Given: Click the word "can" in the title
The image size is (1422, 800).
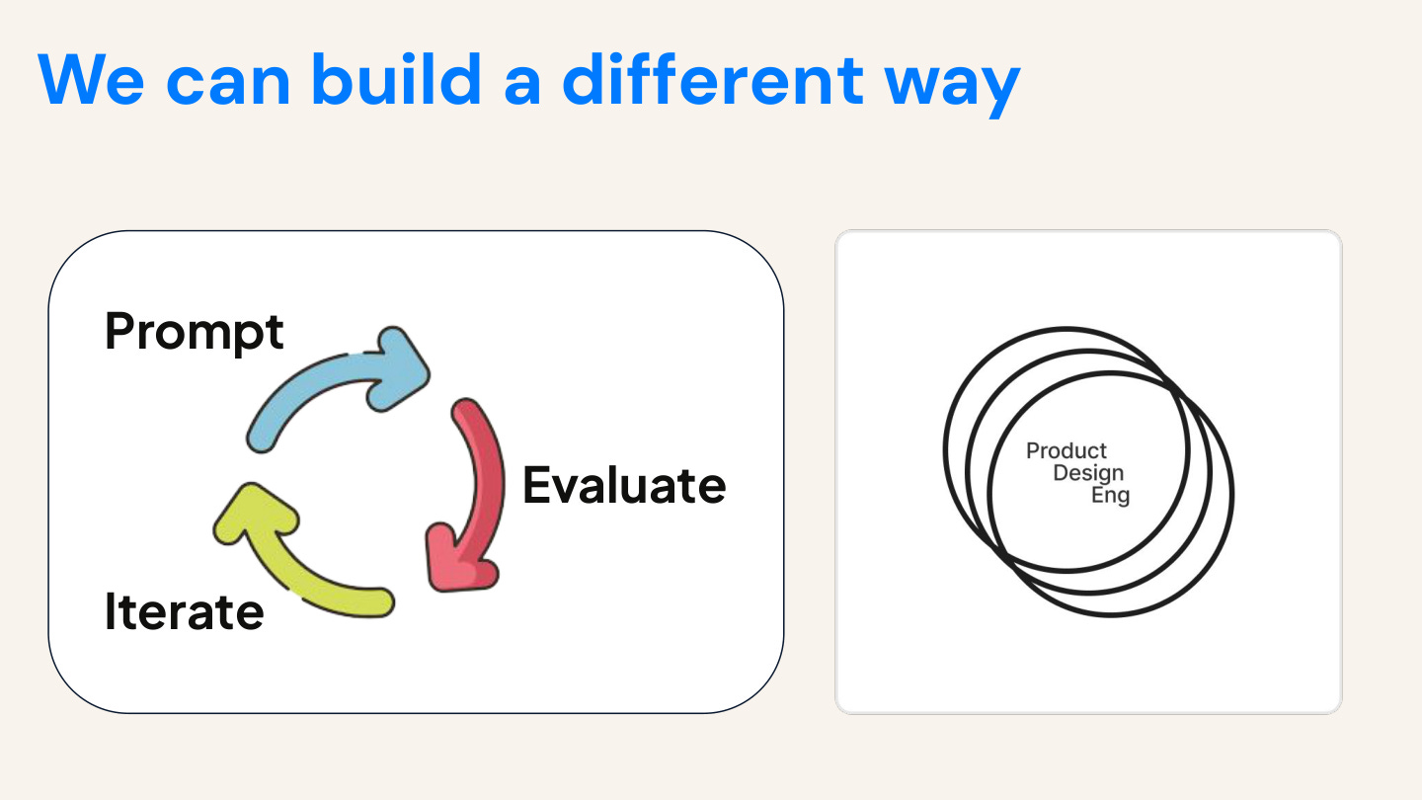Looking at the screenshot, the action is pyautogui.click(x=229, y=83).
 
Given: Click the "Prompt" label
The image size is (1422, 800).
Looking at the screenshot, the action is pyautogui.click(x=195, y=332).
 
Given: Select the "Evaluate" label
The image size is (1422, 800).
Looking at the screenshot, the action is pyautogui.click(x=624, y=485).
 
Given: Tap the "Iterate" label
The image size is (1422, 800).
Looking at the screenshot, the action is pyautogui.click(x=185, y=611).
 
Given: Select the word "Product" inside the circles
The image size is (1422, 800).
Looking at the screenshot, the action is pyautogui.click(x=1066, y=451).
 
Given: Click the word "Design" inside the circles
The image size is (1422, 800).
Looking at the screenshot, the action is pyautogui.click(x=1088, y=473).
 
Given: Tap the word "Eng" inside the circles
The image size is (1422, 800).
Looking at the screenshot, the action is pyautogui.click(x=1110, y=495).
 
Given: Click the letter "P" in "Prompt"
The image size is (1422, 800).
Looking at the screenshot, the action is pyautogui.click(x=119, y=331).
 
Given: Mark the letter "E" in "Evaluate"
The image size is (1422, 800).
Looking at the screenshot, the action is pyautogui.click(x=537, y=485).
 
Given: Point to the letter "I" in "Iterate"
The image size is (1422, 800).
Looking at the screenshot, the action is pyautogui.click(x=111, y=611).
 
